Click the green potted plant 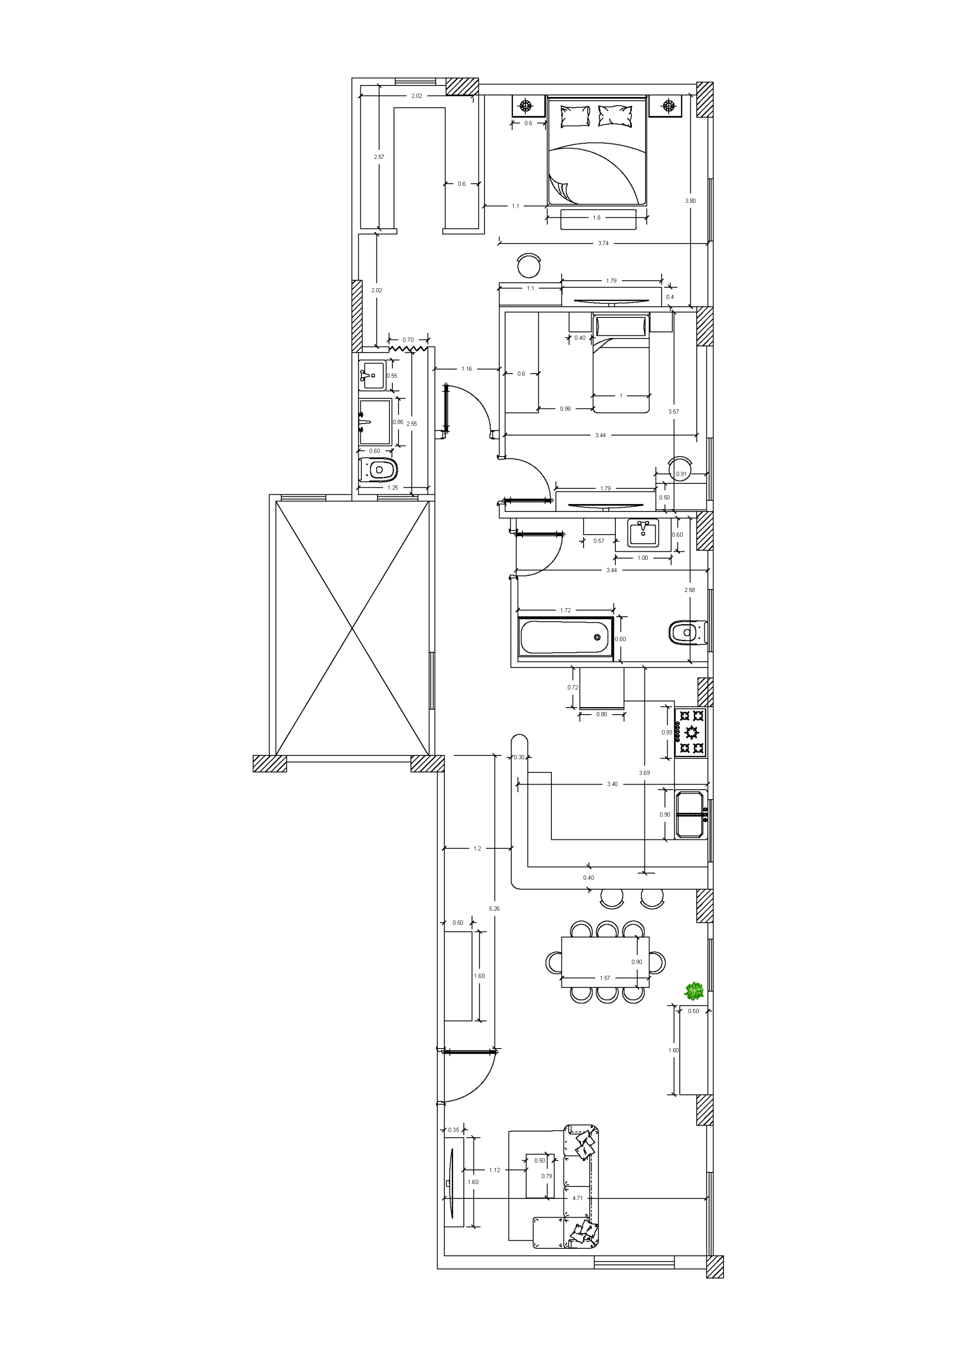click(x=694, y=991)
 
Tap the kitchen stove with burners click(x=690, y=732)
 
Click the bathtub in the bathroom click(x=565, y=638)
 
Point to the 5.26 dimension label click(x=494, y=908)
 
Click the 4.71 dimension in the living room click(x=578, y=1198)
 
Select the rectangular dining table click(x=605, y=962)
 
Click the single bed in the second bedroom click(x=621, y=363)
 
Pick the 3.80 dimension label click(x=690, y=201)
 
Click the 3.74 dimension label click(x=603, y=243)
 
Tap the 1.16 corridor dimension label click(x=466, y=369)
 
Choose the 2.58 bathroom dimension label click(x=689, y=590)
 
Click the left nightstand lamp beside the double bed click(x=526, y=107)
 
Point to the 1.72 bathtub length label click(x=566, y=610)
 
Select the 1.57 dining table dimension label click(x=605, y=978)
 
